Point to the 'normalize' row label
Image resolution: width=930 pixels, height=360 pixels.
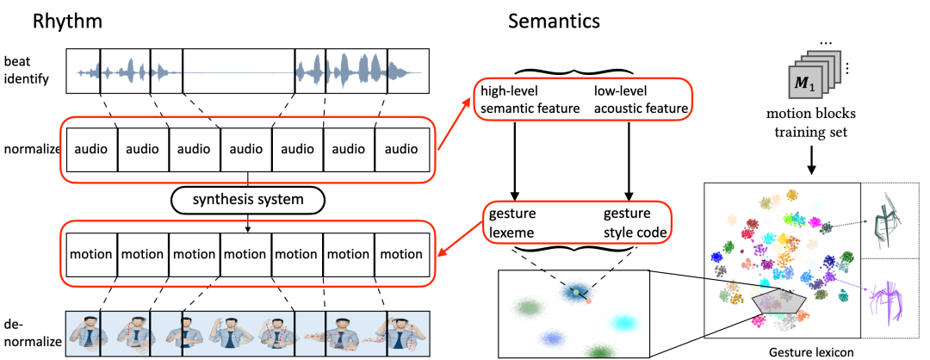tap(30, 148)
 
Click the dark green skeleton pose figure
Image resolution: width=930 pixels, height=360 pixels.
tap(891, 220)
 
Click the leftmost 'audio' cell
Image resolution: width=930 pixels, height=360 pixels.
tap(90, 148)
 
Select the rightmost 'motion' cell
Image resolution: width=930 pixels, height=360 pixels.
tap(401, 254)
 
